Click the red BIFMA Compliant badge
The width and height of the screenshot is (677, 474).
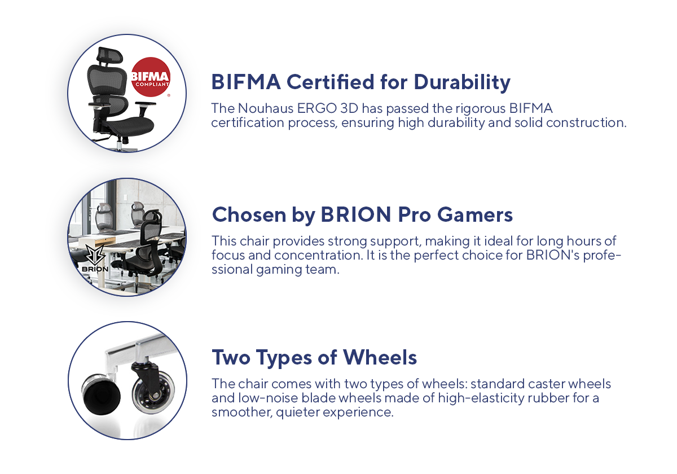click(151, 77)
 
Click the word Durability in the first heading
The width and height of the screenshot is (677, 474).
click(462, 82)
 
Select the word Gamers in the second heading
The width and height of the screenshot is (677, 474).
click(475, 215)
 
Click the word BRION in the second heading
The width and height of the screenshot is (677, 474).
click(356, 215)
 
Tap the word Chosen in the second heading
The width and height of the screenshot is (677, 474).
click(249, 215)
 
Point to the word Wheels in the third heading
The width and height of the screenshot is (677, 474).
click(380, 357)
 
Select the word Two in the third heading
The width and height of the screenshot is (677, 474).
click(231, 357)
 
